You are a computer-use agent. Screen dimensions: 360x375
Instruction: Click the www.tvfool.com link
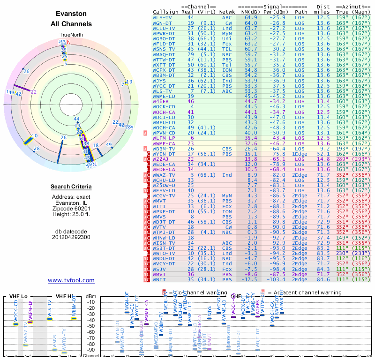click(71, 280)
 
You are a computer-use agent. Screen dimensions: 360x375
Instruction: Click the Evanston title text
click(71, 14)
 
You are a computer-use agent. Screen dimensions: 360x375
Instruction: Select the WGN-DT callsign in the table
click(162, 22)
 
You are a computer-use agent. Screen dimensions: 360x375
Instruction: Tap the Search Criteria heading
click(71, 187)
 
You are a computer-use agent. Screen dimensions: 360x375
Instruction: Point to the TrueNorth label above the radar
click(71, 35)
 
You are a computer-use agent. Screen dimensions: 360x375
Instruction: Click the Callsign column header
click(165, 12)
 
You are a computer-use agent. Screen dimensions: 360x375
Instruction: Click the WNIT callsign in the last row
click(161, 279)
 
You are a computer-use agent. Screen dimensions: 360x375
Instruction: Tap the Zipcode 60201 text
click(71, 208)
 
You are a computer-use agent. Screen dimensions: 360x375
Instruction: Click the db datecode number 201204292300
click(71, 237)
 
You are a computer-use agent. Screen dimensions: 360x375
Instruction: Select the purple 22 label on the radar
click(34, 92)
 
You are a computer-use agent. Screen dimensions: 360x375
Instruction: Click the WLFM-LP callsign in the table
click(164, 138)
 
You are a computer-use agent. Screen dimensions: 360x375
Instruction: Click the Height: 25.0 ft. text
click(71, 214)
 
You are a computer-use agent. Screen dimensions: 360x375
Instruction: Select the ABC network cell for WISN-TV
click(227, 243)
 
